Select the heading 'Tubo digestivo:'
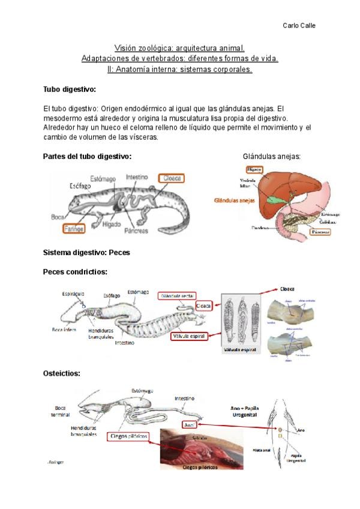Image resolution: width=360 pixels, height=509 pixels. pos(69,89)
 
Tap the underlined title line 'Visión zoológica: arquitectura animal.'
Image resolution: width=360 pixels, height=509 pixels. pos(179,47)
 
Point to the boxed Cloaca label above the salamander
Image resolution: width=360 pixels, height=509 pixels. pos(171,178)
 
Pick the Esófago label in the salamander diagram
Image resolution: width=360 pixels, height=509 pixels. pos(79,185)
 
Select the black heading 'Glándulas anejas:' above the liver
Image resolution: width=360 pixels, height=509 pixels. pos(272,156)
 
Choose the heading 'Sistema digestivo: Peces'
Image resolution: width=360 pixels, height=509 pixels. pos(86,253)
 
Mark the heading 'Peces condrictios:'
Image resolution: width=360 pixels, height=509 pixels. pos(75,272)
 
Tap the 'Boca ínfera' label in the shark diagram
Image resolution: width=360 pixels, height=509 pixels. pos(64,330)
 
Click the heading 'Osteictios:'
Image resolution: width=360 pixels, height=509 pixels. pos(62,373)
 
